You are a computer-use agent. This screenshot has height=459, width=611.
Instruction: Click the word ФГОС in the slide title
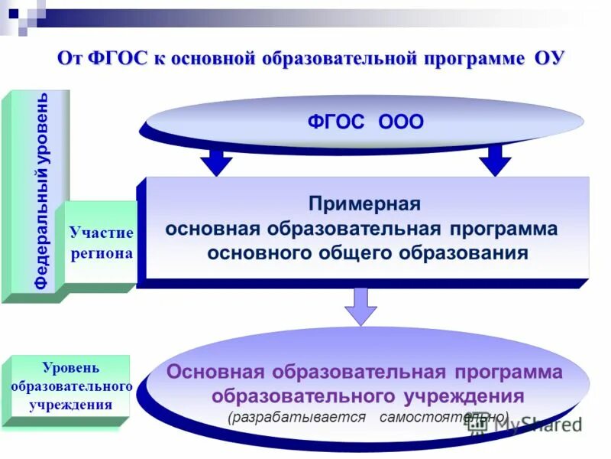114,60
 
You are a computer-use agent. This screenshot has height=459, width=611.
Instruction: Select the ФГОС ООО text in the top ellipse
365,122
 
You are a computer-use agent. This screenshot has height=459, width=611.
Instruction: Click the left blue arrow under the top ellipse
216,161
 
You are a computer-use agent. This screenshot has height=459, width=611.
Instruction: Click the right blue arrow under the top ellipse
495,161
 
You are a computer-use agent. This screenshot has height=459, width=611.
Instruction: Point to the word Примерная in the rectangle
365,205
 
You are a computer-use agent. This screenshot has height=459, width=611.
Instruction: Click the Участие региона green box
101,243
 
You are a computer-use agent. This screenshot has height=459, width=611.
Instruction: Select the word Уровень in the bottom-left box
71,368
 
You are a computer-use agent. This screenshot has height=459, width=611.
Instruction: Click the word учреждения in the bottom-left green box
71,405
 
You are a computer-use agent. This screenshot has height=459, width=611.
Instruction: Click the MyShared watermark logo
527,425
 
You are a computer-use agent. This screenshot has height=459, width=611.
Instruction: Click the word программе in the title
470,60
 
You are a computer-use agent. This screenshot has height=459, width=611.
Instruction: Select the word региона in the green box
102,253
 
